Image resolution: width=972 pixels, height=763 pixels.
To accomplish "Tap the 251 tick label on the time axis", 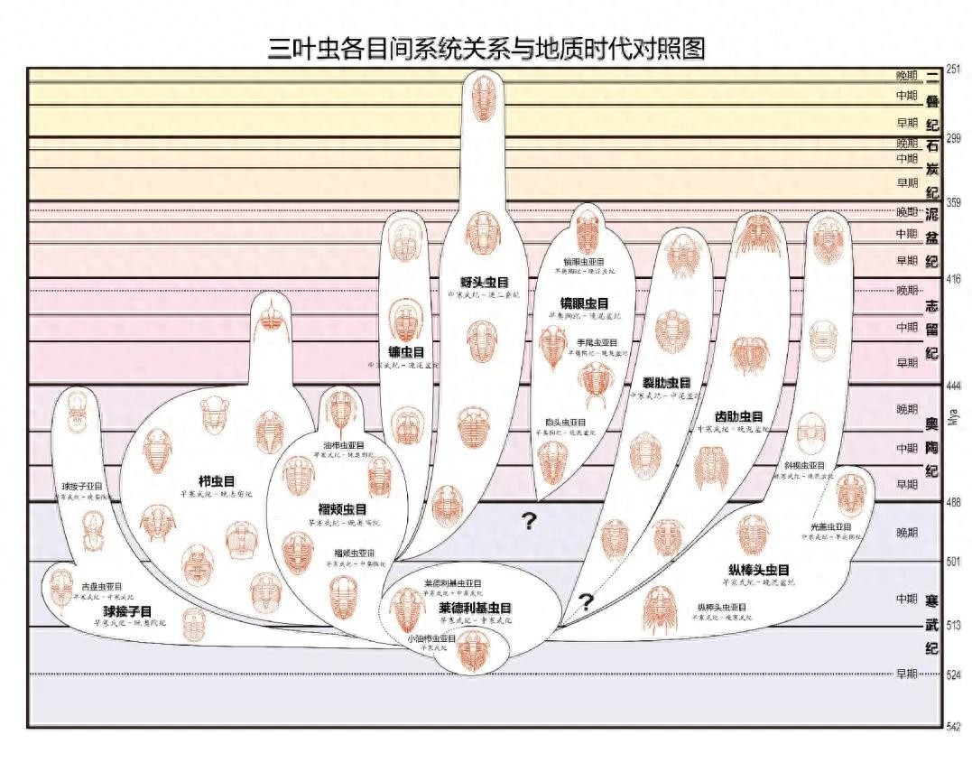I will (954, 70).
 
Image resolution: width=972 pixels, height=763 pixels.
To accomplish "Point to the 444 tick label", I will (954, 386).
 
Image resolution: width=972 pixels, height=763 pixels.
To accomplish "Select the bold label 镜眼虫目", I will (584, 302).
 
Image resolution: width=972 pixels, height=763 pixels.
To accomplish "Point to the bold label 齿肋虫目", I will (739, 416).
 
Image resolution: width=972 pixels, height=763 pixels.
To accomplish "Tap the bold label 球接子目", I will (127, 611).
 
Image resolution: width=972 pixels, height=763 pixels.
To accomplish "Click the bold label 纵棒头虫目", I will (759, 570).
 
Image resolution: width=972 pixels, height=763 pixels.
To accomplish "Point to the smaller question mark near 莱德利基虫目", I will (587, 601).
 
